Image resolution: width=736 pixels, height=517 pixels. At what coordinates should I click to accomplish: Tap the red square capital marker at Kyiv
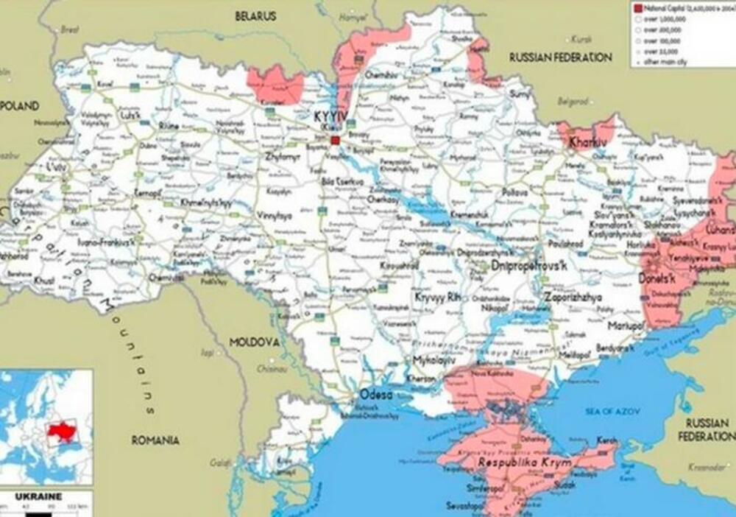point(335,139)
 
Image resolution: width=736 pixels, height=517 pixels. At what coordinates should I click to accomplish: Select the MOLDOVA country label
point(254,342)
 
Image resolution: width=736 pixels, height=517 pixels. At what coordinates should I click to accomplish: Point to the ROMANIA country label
point(155,440)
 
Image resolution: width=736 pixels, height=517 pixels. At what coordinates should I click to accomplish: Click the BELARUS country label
point(255,15)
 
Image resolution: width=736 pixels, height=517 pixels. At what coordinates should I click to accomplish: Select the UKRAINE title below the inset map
point(40,496)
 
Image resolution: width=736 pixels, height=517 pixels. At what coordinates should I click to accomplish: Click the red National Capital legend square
point(637,7)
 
